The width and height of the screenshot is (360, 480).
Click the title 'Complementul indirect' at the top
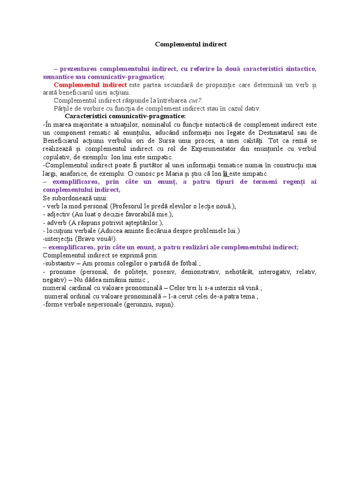pos(191,44)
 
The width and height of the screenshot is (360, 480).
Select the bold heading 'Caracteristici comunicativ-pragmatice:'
pos(125,116)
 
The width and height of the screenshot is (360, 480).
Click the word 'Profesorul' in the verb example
pos(127,206)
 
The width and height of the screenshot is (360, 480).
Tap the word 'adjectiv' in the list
pos(58,214)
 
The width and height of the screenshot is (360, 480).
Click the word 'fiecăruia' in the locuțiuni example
pos(171,231)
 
